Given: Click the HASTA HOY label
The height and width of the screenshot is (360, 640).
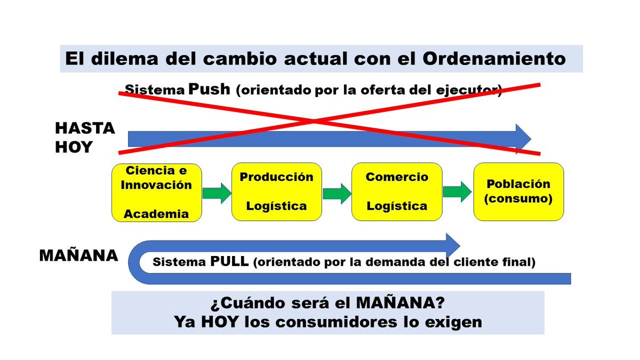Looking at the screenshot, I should tap(85, 138).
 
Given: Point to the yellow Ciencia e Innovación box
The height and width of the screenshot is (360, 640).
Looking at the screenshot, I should tap(157, 192).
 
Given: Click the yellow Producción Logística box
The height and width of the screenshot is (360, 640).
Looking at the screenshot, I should tap(276, 192).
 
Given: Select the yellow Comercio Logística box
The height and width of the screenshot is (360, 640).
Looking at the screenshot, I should tap(397, 192).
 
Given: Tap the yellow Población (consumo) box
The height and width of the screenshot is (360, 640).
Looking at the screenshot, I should tap(518, 192).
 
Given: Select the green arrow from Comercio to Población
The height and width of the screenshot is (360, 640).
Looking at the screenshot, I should tap(457, 192).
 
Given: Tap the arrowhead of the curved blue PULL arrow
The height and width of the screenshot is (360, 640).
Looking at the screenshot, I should tap(451, 245).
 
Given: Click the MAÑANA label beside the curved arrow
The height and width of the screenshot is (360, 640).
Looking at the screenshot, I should tap(78, 255).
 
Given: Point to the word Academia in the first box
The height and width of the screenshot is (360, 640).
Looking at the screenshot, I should tap(156, 214).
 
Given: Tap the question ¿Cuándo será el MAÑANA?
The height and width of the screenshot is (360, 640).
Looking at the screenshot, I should tap(327, 303).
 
